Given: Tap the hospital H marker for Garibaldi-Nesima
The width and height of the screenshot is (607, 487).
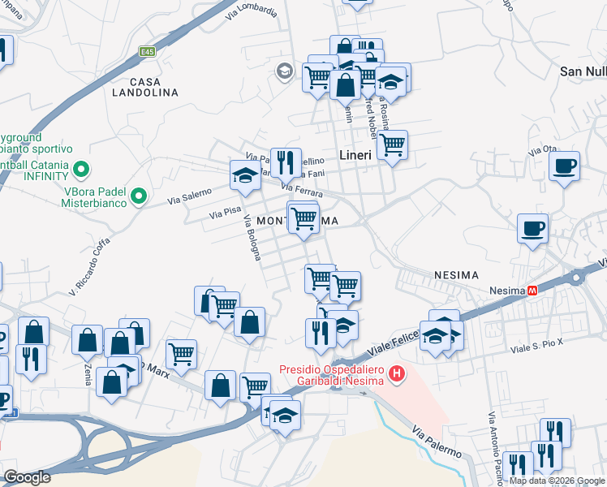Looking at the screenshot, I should coord(397,374).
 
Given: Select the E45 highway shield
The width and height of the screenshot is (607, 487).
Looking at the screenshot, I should coord(147,52).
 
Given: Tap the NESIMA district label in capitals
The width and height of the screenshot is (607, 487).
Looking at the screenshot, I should coord(457,274).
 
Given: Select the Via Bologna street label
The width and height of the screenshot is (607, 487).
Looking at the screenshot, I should coord(252,241).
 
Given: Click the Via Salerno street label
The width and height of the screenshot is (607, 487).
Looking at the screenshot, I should coord(189,196).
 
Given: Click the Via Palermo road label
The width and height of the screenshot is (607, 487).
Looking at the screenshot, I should coord(437,442).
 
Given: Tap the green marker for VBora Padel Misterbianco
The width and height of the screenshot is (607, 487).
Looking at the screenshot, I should coord(139,195).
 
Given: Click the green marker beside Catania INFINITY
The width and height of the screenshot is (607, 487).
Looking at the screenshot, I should coord(80,170).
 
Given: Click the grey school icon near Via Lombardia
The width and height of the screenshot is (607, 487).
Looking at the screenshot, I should coord(283,71).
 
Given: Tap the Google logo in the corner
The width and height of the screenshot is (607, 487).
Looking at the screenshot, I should coord(26,477).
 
